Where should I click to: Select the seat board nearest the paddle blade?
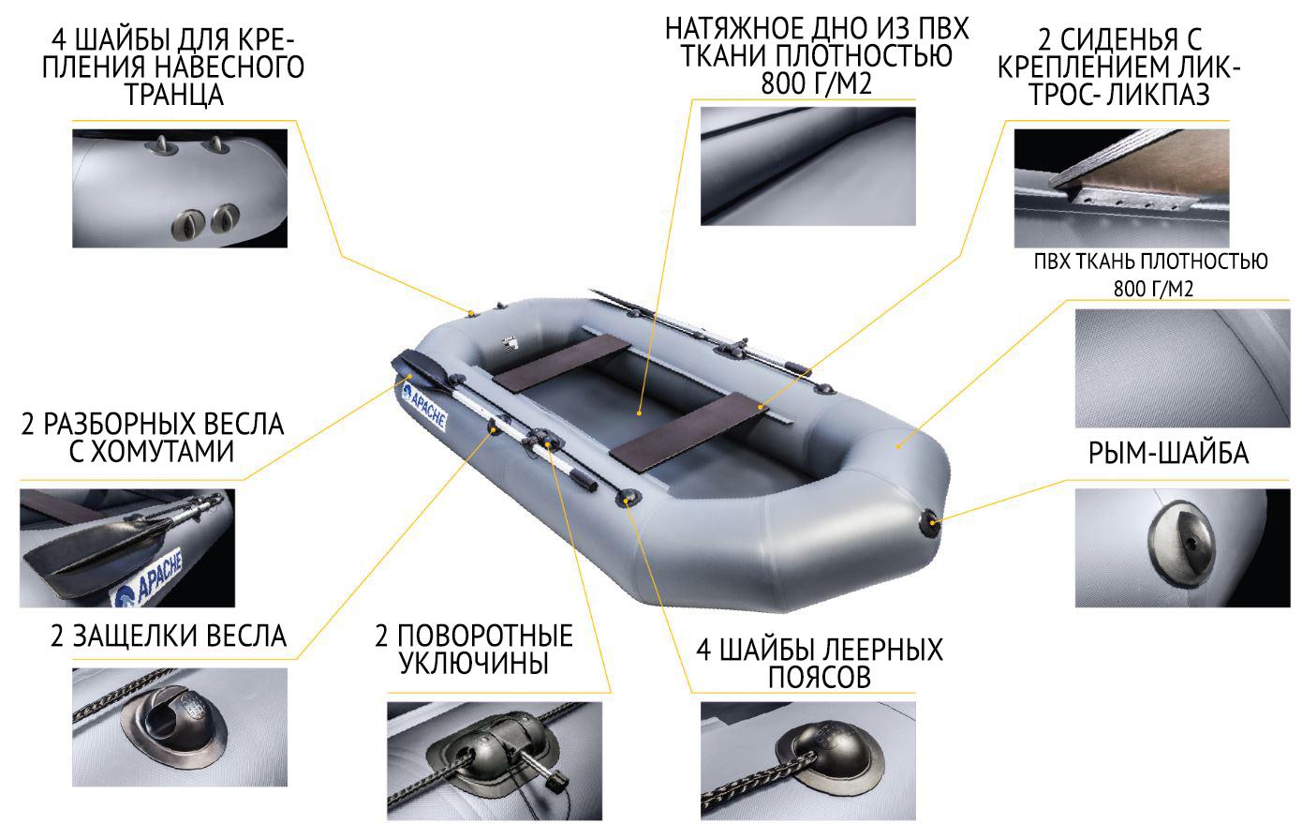[x=561, y=362]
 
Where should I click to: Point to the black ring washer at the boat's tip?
[x=929, y=523]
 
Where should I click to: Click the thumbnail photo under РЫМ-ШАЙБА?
[x=1182, y=547]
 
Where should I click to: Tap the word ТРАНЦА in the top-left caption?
[x=174, y=95]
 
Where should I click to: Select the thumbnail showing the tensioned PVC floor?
[x=808, y=166]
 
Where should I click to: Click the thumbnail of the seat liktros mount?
[x=1122, y=188]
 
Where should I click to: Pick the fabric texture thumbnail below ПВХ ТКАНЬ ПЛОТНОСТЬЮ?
[x=1182, y=368]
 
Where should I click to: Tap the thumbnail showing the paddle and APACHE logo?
[x=127, y=547]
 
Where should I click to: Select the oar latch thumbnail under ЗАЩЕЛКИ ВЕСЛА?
[x=180, y=727]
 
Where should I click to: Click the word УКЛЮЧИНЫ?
[x=474, y=663]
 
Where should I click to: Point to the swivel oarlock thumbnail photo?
[x=495, y=760]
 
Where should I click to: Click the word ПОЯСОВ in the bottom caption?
[x=820, y=677]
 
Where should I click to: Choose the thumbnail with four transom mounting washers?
[x=180, y=188]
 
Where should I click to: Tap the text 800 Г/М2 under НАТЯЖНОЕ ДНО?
[x=816, y=83]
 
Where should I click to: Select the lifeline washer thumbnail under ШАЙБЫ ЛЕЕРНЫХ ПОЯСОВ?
[x=808, y=760]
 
